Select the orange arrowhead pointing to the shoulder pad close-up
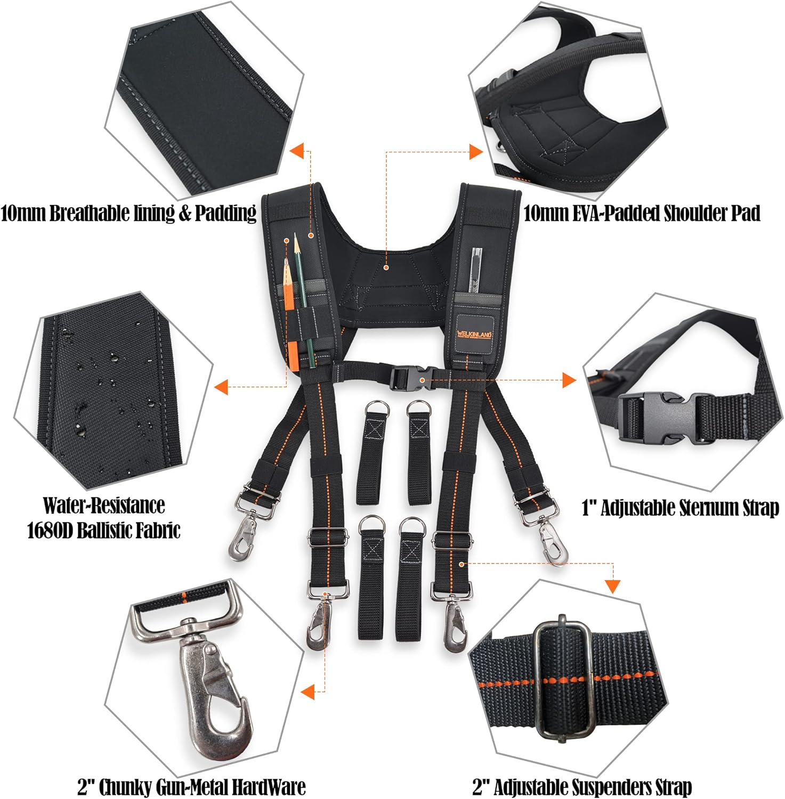[x=476, y=152]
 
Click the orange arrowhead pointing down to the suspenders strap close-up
[x=613, y=586]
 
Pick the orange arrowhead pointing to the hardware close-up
[x=307, y=692]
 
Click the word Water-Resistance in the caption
[x=104, y=505]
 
